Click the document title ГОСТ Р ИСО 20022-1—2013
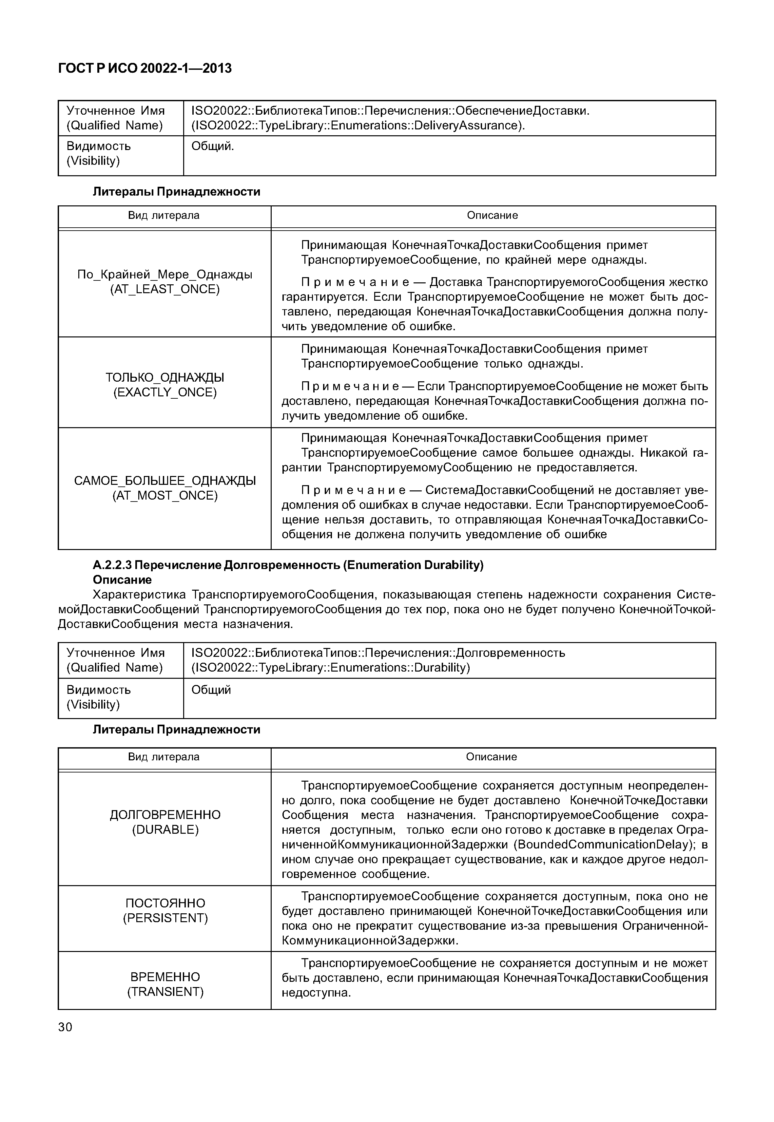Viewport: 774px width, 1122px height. pos(145,68)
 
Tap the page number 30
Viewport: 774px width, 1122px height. pos(65,1027)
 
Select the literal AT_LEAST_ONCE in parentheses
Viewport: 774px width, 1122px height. pos(165,290)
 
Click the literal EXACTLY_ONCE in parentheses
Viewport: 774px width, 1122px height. pos(165,392)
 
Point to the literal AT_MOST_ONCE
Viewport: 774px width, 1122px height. pos(165,496)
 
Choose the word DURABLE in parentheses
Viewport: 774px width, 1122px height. pos(165,829)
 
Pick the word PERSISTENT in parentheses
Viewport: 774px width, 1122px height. pos(165,918)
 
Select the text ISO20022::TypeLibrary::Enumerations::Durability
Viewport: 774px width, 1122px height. pos(331,668)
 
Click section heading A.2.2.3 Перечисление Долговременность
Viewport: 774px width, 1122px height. pos(288,565)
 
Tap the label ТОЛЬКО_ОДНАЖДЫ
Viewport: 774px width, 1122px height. pos(165,377)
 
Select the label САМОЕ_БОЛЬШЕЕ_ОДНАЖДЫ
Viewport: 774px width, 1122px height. pos(165,481)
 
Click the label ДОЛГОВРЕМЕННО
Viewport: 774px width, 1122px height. pos(165,815)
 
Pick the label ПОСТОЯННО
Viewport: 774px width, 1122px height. pos(165,903)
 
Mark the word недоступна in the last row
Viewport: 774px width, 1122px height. pos(315,993)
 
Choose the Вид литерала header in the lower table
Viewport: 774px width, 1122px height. pos(164,757)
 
